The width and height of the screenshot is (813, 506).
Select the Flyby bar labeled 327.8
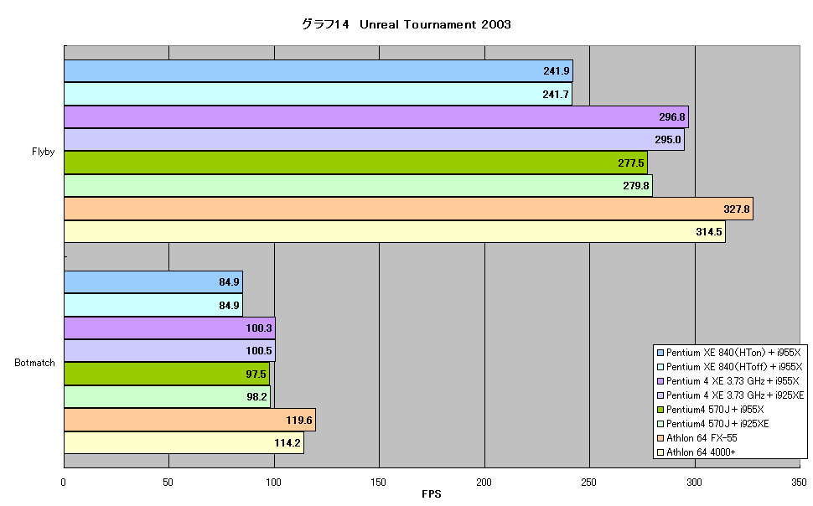pyautogui.click(x=408, y=209)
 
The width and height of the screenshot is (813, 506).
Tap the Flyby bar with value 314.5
pyautogui.click(x=395, y=232)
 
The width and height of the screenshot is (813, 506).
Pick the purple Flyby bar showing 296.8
pyautogui.click(x=376, y=116)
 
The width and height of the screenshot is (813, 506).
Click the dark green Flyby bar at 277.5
pyautogui.click(x=355, y=163)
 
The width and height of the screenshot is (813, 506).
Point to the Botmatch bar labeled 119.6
pyautogui.click(x=189, y=420)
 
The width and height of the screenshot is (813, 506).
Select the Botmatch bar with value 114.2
pyautogui.click(x=184, y=442)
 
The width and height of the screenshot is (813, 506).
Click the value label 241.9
pyautogui.click(x=557, y=71)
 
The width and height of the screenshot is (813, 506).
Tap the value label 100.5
pyautogui.click(x=259, y=351)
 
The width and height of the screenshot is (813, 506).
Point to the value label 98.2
pyautogui.click(x=256, y=396)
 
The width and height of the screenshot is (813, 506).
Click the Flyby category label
pyautogui.click(x=43, y=152)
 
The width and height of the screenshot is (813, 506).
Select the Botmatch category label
pyautogui.click(x=34, y=363)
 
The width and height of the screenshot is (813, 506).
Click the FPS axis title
pyautogui.click(x=432, y=494)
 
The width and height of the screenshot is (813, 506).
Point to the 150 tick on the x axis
pyautogui.click(x=379, y=483)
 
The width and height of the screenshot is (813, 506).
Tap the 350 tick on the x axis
pyautogui.click(x=799, y=483)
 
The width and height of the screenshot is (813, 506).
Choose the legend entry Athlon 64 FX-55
pyautogui.click(x=696, y=438)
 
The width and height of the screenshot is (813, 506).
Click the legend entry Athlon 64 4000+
pyautogui.click(x=696, y=452)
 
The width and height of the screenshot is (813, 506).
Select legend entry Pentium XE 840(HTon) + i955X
pyautogui.click(x=729, y=353)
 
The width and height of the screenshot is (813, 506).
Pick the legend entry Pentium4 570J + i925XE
pyautogui.click(x=713, y=424)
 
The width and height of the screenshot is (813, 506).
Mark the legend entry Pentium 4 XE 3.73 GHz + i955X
pyautogui.click(x=728, y=381)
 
